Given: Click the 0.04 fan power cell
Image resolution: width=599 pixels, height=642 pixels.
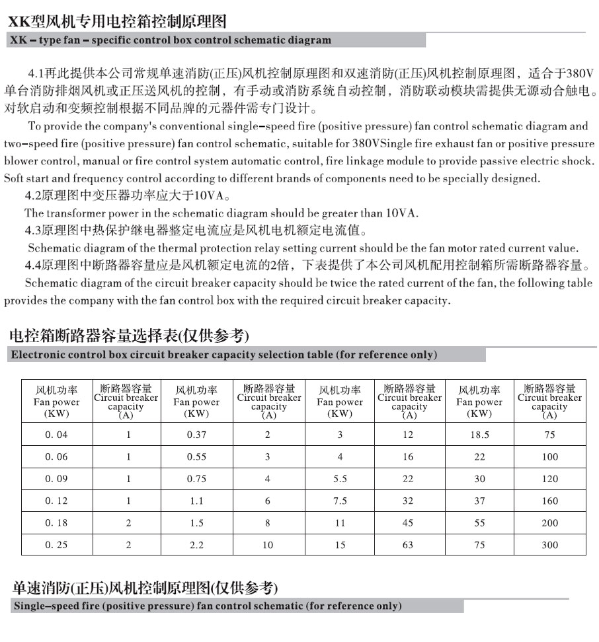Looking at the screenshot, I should click(56, 435).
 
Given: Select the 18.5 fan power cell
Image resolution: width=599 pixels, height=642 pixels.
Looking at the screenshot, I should click(479, 435).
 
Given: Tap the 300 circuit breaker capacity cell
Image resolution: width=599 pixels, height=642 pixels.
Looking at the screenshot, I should click(549, 545).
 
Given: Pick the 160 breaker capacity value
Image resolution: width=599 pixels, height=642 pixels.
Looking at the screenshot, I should click(549, 501).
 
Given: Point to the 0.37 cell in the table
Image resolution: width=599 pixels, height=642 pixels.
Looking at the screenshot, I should click(196, 435).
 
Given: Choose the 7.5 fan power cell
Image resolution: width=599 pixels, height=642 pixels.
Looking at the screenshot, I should click(340, 501).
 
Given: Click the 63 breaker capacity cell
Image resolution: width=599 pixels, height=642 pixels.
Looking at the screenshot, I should click(408, 545).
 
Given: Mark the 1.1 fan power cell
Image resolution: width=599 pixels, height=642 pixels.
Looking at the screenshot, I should click(196, 501).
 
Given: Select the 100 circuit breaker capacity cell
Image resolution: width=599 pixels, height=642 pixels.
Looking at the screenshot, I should click(549, 456).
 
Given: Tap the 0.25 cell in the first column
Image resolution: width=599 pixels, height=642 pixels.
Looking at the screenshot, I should click(56, 545).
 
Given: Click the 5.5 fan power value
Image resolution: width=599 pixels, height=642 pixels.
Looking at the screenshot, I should click(340, 479).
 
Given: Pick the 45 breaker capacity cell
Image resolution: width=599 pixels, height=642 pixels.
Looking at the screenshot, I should click(408, 522).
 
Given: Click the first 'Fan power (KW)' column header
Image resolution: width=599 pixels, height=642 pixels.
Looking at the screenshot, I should click(56, 402).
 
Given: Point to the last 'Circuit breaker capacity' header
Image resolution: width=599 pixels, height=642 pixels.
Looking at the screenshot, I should click(549, 402).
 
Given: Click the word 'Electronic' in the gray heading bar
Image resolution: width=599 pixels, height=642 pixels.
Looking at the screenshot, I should click(38, 355).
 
